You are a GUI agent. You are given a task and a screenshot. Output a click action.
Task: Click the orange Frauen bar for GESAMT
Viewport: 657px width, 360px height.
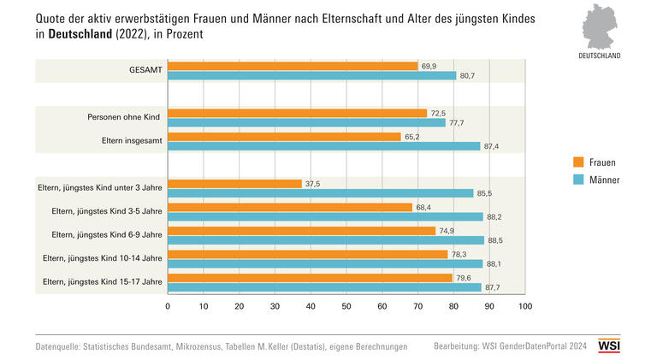pos(293,66)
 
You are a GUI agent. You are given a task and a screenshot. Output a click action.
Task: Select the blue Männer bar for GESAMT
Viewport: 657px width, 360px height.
pos(311,76)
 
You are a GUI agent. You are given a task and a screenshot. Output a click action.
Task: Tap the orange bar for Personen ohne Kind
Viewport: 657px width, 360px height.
pos(297,113)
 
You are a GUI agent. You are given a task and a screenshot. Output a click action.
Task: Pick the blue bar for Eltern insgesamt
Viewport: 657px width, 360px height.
pos(323,146)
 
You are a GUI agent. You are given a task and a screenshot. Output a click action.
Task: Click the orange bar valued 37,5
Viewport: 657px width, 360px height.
pos(234,183)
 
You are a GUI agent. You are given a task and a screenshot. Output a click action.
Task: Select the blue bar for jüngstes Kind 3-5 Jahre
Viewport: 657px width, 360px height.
pos(325,216)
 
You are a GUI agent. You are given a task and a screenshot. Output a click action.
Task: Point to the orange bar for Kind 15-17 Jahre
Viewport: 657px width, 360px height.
pos(310,278)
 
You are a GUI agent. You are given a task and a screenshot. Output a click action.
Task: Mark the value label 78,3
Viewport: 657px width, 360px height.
pos(460,254)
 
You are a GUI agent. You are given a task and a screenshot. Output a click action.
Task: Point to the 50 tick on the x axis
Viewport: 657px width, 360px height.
pos(346,305)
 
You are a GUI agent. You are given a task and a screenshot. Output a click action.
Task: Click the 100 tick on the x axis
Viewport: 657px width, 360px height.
pos(524,305)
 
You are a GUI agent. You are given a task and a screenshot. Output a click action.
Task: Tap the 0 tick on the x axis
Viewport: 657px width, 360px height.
pos(168,305)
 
